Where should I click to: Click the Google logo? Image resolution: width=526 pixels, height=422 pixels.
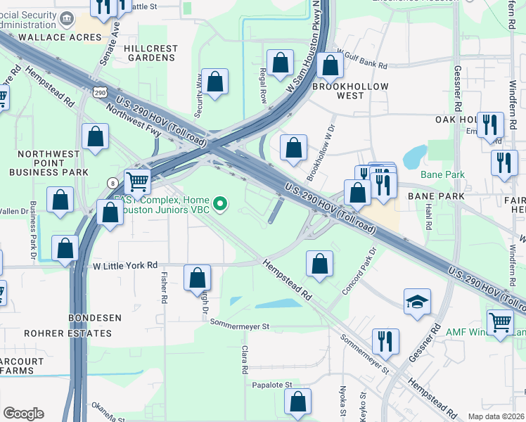click(23, 413)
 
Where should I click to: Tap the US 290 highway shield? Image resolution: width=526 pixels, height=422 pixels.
click(99, 92)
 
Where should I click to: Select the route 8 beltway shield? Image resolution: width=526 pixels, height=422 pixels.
click(113, 182)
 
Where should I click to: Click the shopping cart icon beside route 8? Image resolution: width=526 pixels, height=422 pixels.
click(138, 181)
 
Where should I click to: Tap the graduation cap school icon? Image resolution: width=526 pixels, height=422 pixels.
click(418, 302)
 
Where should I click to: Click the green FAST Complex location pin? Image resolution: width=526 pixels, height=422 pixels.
click(221, 205)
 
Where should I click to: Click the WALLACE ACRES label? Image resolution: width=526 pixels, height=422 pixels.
click(50, 37)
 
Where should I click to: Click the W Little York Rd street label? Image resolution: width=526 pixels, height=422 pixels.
click(125, 266)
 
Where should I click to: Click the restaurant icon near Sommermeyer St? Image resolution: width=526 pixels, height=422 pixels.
click(385, 343)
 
